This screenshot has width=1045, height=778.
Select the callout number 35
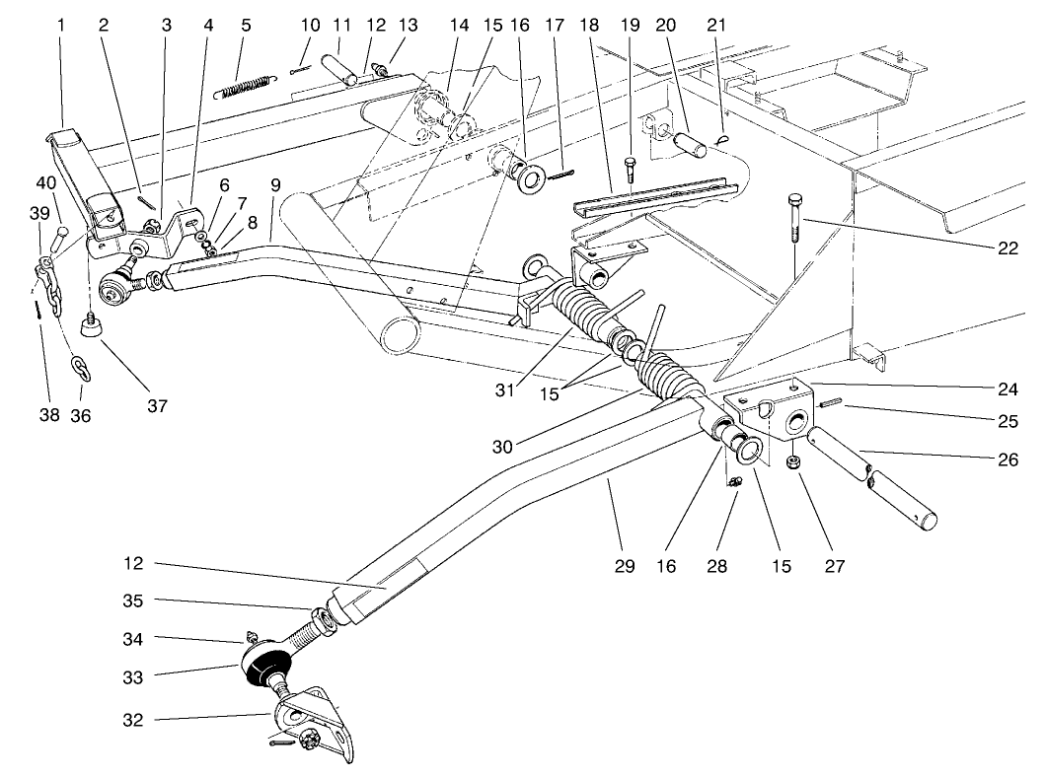pos(133,601)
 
